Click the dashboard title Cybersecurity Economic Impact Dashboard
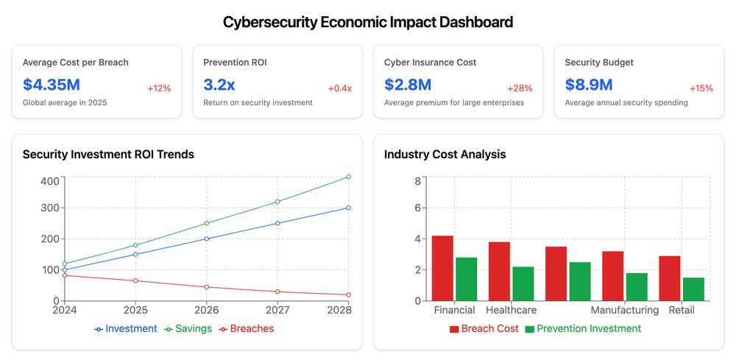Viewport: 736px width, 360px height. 368,22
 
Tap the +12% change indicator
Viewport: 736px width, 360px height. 159,88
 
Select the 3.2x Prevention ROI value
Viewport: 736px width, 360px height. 219,85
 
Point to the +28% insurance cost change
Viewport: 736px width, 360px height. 520,88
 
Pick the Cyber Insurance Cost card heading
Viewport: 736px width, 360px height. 430,63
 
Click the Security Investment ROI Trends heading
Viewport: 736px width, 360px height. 108,155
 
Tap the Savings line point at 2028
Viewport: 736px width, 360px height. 348,177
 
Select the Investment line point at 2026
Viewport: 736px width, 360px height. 206,239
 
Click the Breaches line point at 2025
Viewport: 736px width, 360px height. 135,280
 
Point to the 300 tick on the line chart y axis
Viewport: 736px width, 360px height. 49,208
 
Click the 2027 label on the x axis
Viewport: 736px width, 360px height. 277,311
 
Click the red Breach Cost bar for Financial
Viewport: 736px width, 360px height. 442,268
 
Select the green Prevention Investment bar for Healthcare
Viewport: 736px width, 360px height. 523,283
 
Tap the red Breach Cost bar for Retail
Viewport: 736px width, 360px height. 669,278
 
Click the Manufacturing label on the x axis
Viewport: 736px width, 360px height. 625,311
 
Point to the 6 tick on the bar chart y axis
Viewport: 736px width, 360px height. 417,208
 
